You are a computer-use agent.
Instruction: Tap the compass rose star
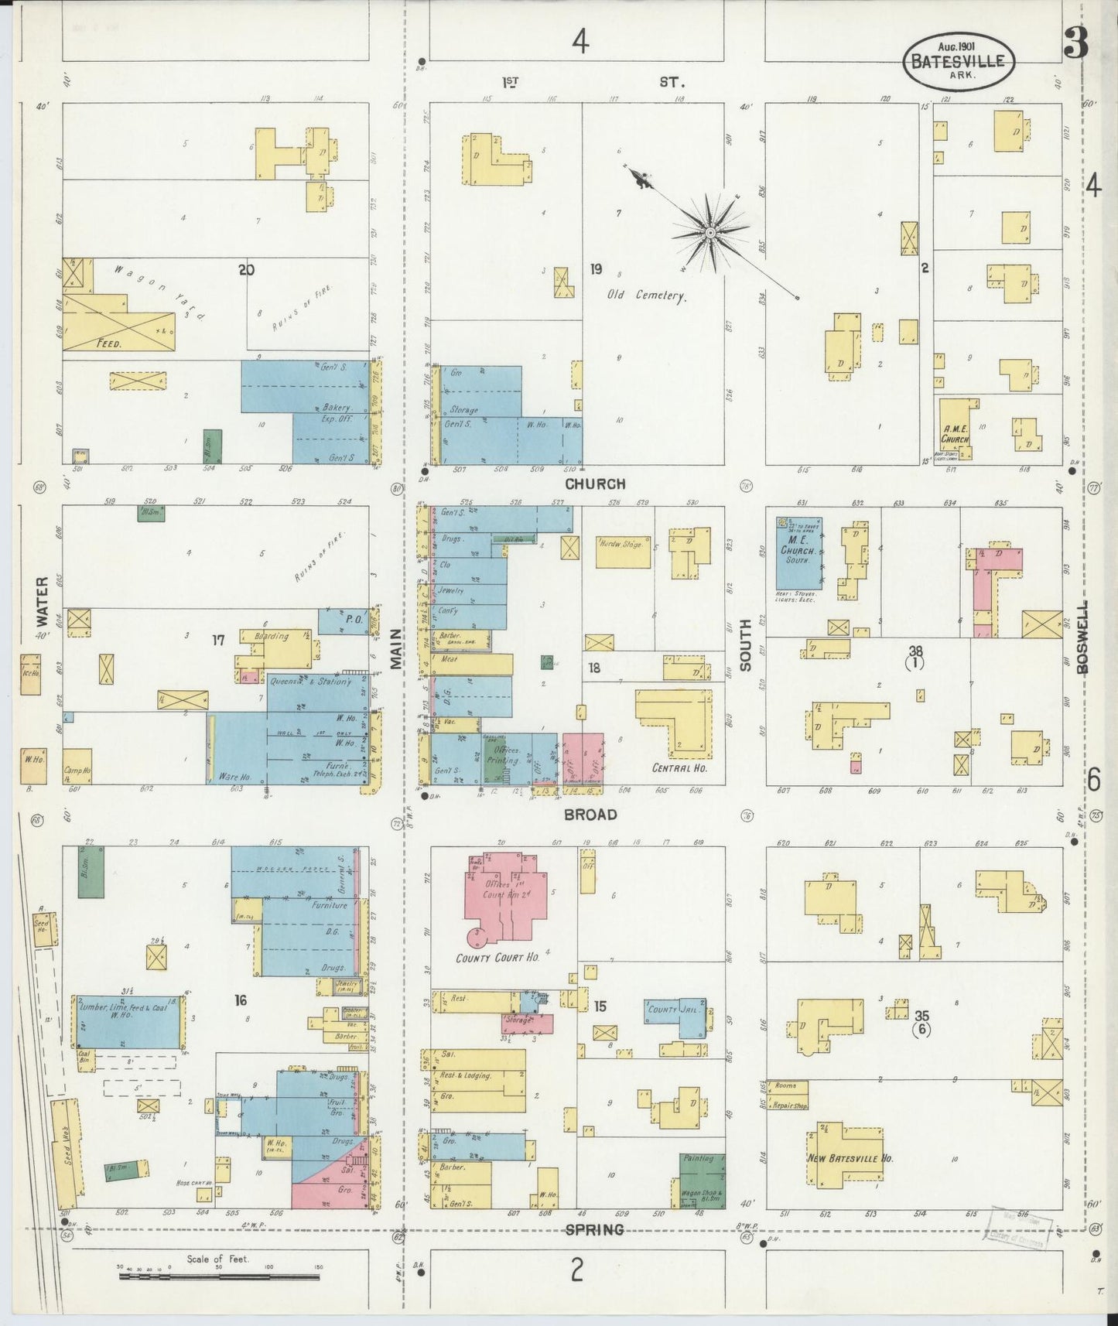pyautogui.click(x=709, y=231)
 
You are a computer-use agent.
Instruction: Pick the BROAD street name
pyautogui.click(x=590, y=814)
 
